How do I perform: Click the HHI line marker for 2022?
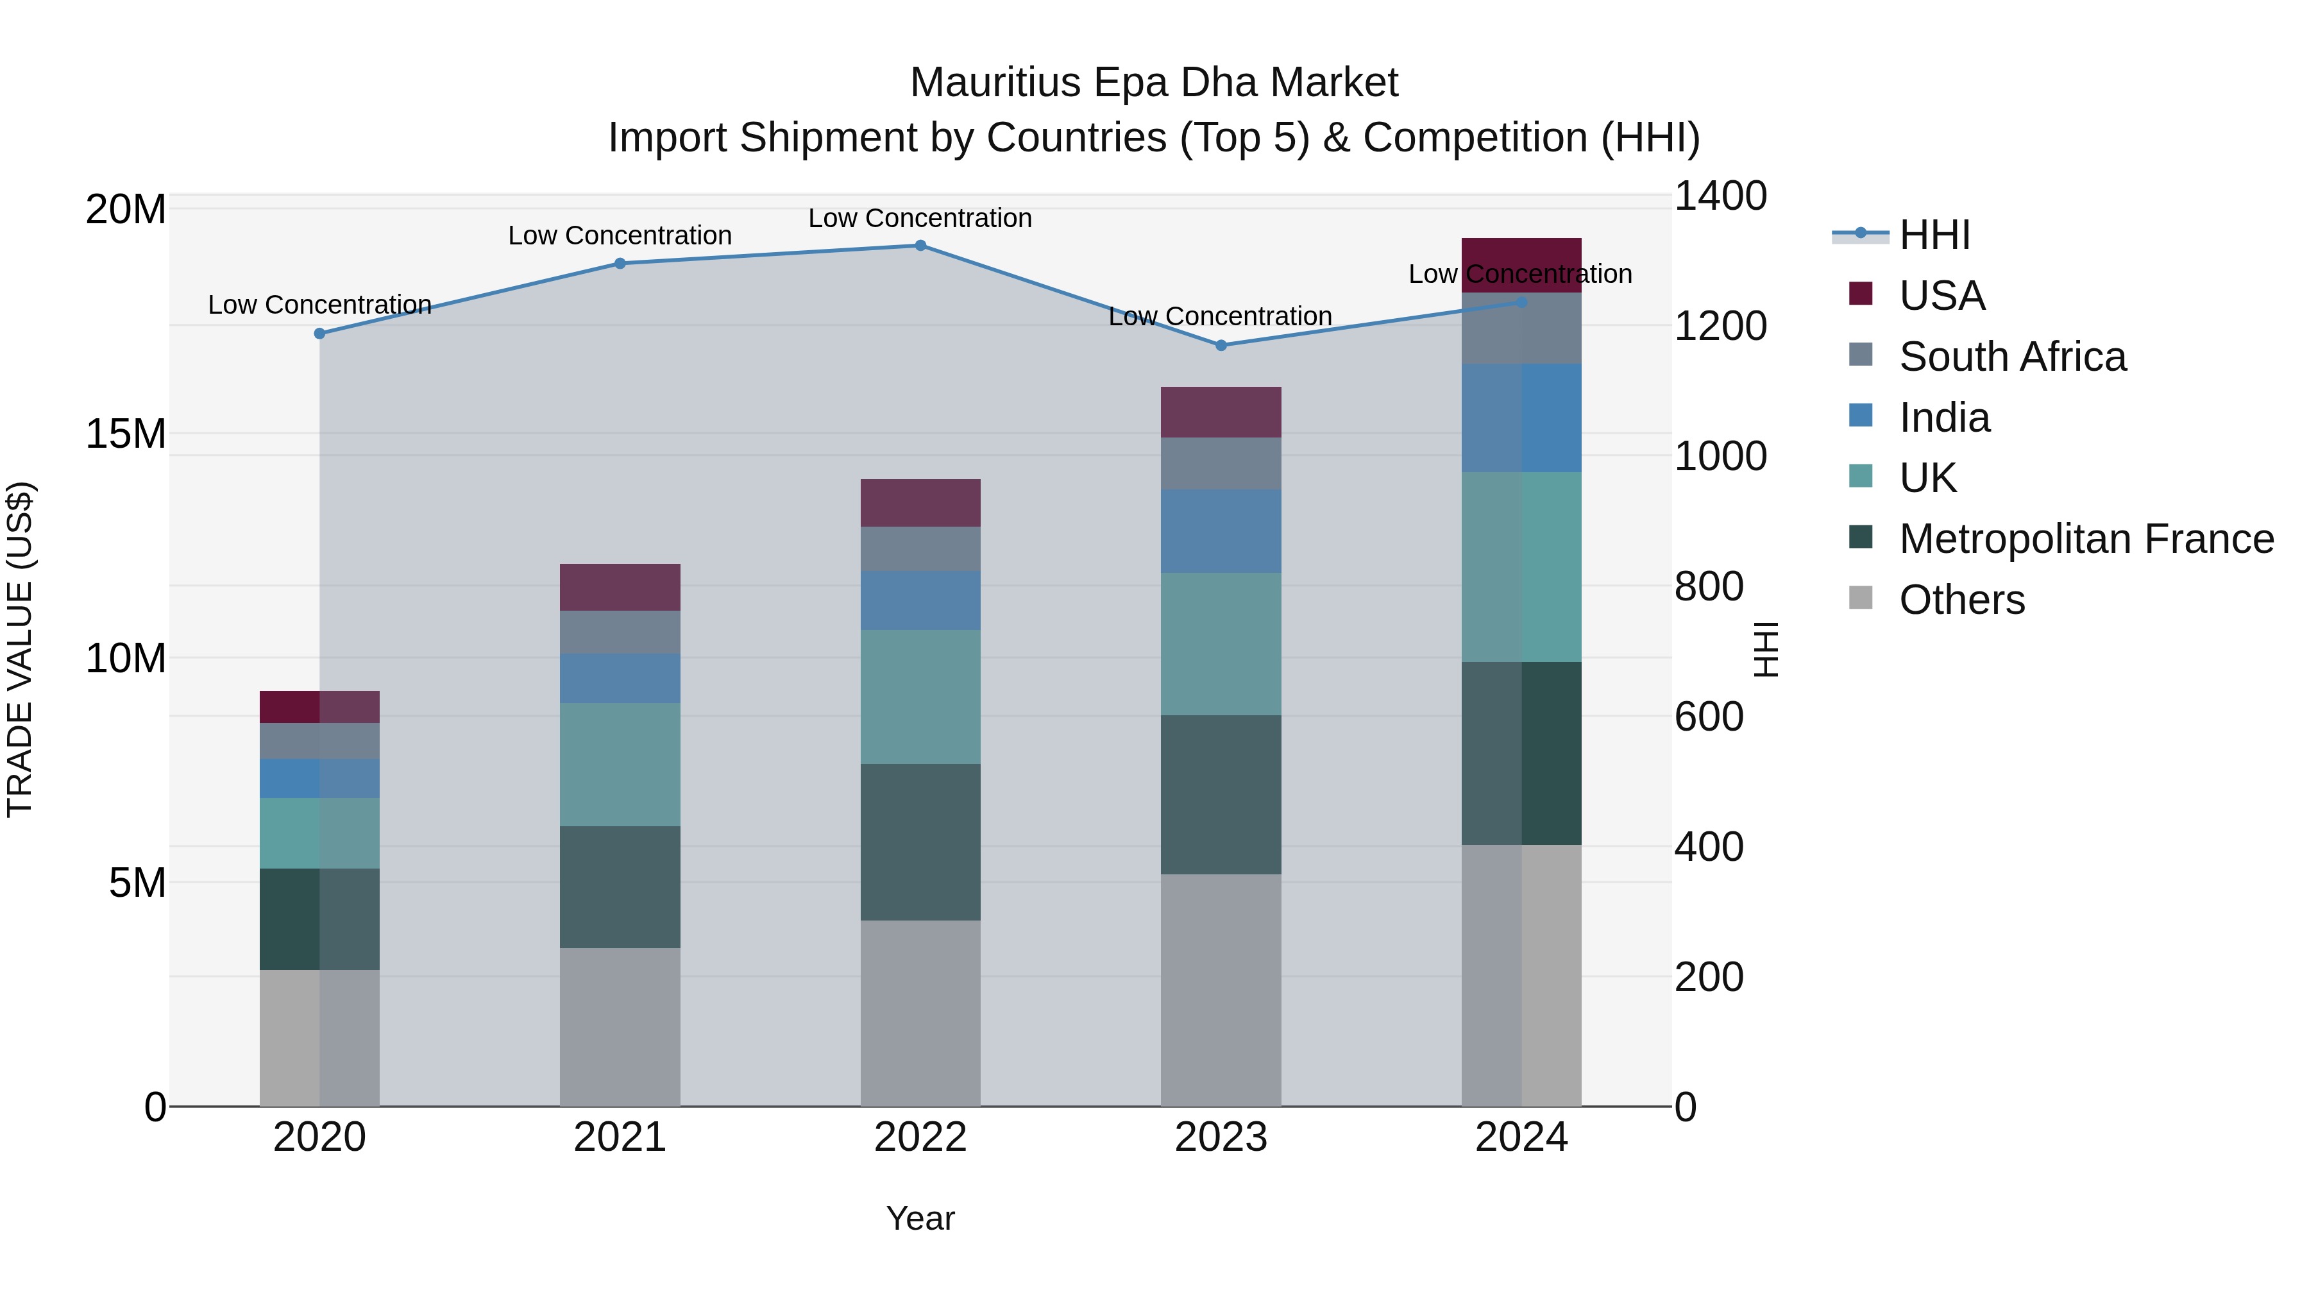point(920,246)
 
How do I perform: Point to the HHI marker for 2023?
point(1220,345)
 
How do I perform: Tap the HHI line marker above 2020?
point(320,334)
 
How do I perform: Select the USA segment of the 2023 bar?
point(1220,412)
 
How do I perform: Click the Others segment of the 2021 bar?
point(620,1026)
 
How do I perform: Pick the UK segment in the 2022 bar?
point(920,697)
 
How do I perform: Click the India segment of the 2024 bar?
point(1521,418)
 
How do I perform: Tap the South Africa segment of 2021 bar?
point(620,632)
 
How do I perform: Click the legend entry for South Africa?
point(2012,357)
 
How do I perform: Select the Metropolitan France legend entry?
point(2086,539)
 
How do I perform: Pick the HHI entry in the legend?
point(1934,235)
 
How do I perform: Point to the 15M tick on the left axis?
point(126,434)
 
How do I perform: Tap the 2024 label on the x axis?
point(1521,1137)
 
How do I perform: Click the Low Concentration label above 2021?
point(620,236)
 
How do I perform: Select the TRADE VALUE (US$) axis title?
point(20,649)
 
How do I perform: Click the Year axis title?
point(920,1218)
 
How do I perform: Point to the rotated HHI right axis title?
point(1765,649)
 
